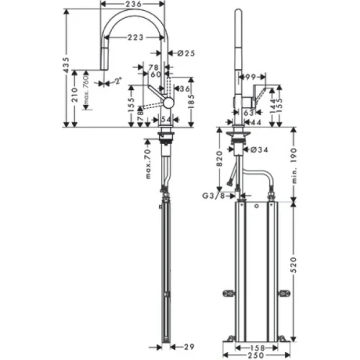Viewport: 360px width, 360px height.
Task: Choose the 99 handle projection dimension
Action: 251,76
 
